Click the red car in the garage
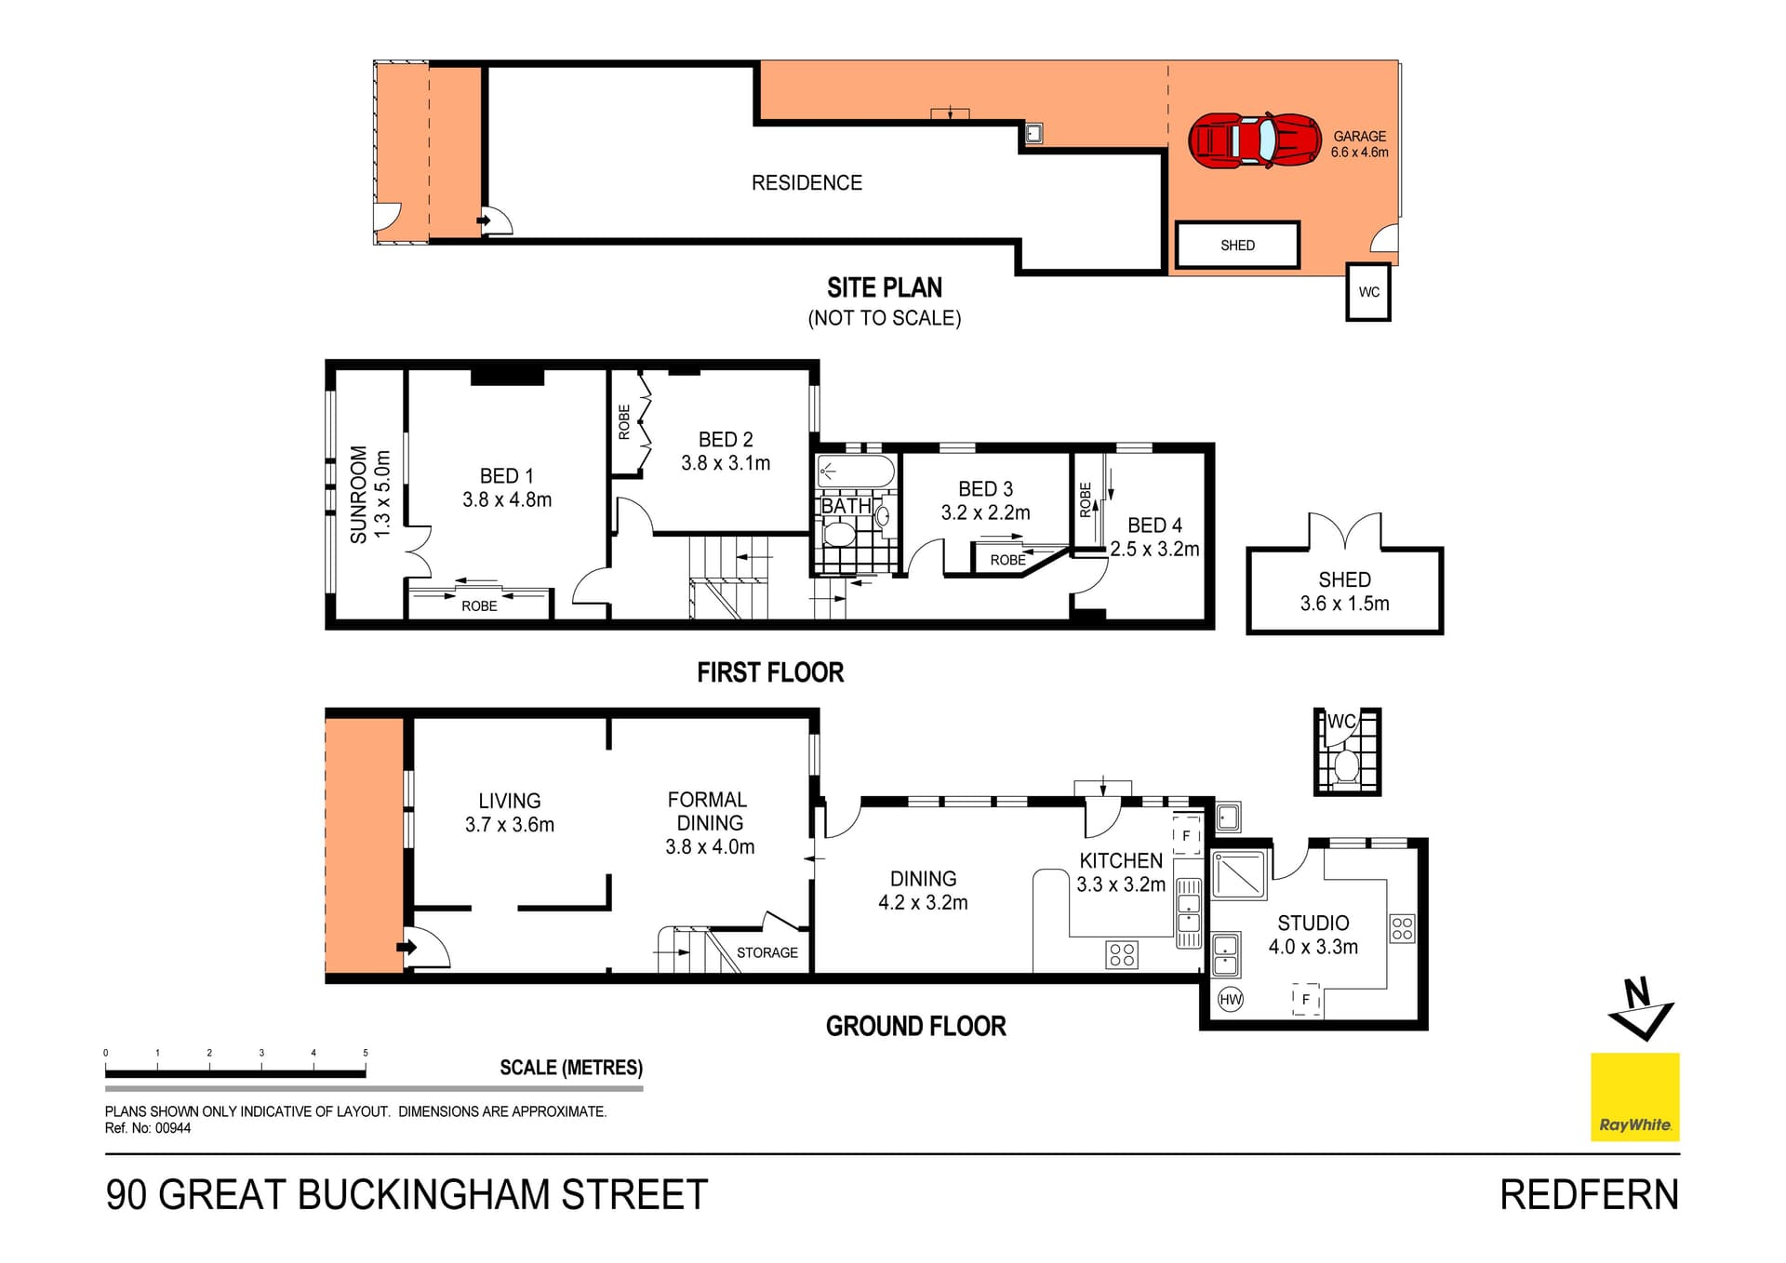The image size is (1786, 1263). (1254, 140)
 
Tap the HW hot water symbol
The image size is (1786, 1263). (1230, 999)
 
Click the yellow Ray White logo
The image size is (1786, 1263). (1634, 1097)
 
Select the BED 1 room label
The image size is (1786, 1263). (506, 476)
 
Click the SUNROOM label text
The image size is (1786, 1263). (359, 494)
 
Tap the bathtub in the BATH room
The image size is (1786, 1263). (855, 472)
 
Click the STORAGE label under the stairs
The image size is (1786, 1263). (766, 952)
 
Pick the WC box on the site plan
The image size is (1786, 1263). (1368, 292)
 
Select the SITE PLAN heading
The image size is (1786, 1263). (884, 288)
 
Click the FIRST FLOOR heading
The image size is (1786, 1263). (770, 672)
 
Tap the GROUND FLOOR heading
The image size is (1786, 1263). (915, 1026)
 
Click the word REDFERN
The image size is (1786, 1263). (1589, 1195)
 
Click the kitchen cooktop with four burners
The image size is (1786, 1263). (1122, 954)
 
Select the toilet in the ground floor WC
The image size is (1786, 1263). (1345, 767)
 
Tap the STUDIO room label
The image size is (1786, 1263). (1313, 923)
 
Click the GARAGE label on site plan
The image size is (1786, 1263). (1359, 136)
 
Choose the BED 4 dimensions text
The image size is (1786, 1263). (1154, 550)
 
